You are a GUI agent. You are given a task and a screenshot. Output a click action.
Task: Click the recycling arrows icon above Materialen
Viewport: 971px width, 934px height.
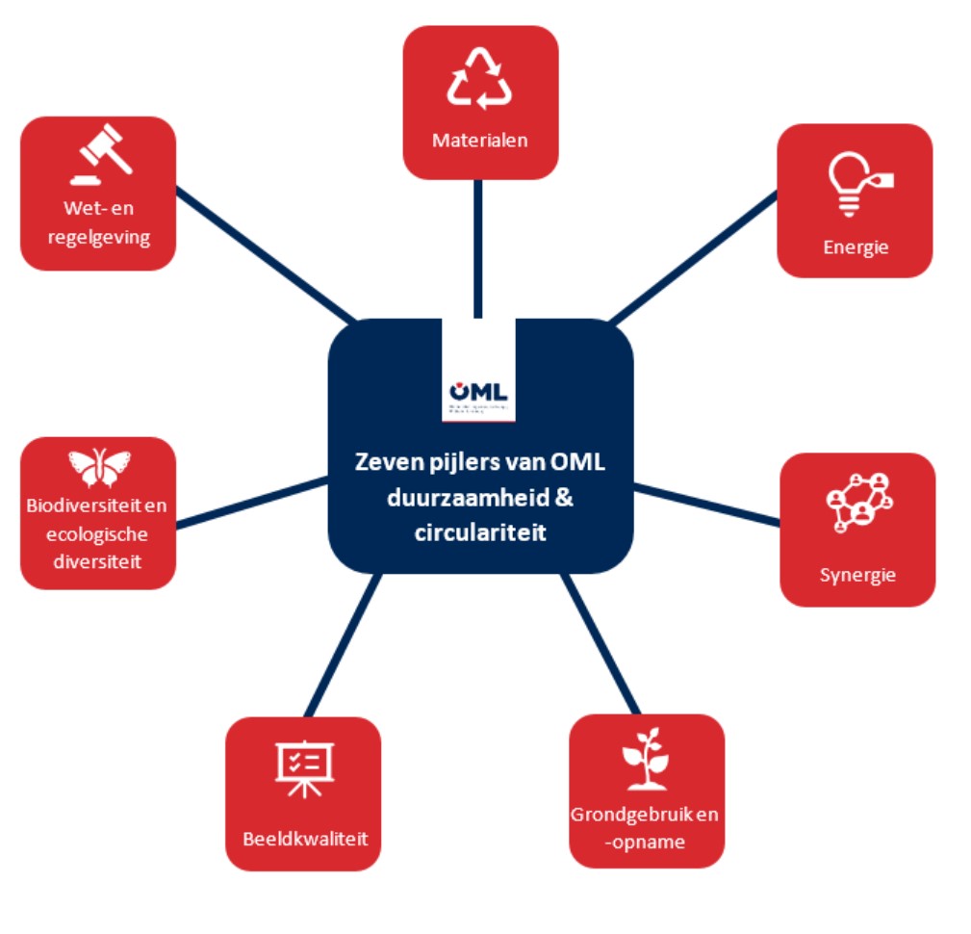tap(479, 79)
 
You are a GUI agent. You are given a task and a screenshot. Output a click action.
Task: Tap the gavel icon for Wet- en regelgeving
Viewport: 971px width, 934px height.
tap(100, 155)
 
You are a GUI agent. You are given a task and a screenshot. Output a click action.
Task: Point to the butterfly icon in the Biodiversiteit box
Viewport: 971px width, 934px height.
tap(98, 467)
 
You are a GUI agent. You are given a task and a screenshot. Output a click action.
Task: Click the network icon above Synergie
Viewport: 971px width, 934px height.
tap(858, 502)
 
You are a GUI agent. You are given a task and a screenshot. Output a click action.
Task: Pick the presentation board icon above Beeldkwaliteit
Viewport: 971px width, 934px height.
tap(303, 768)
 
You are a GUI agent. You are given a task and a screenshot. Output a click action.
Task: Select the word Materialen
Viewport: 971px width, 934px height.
tap(479, 141)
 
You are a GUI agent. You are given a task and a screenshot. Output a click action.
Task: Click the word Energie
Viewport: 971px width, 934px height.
tap(856, 247)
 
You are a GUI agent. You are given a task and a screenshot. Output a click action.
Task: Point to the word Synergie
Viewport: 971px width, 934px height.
tap(857, 576)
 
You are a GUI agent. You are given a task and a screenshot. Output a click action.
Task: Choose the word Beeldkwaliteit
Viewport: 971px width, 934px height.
tap(303, 838)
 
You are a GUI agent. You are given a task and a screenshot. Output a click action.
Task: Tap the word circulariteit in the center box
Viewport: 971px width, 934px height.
tap(479, 531)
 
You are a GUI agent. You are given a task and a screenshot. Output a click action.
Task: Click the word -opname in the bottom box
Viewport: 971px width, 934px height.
tap(646, 842)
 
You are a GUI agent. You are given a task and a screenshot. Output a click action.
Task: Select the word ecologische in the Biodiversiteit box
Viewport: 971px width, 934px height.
tap(98, 535)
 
